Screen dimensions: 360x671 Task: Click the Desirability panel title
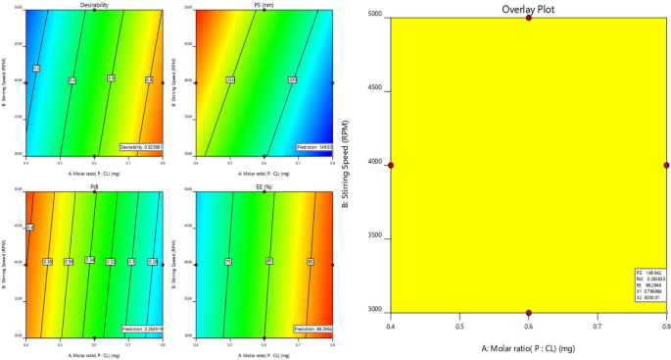94,5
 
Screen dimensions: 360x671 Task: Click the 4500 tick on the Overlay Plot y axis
375,89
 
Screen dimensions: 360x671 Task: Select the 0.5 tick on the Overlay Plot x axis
458,321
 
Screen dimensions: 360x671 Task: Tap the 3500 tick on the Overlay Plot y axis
375,237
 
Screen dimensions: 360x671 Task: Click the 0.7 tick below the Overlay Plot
598,321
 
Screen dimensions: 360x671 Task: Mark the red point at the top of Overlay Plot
528,17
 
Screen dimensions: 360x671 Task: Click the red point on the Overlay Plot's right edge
666,165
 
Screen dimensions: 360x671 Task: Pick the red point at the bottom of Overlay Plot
528,313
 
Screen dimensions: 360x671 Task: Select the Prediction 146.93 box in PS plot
311,147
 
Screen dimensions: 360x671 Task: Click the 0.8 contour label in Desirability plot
149,79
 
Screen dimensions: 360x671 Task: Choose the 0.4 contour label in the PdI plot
29,228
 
